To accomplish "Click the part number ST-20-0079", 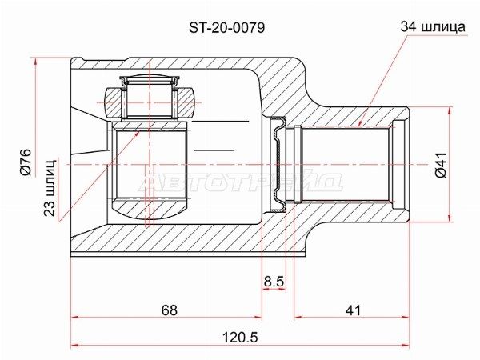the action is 227,28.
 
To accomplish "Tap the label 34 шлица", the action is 433,27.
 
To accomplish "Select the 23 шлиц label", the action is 50,187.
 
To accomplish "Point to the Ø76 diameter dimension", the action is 26,162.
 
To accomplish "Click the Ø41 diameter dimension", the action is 441,164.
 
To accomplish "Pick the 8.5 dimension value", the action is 274,281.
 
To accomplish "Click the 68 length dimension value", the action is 170,310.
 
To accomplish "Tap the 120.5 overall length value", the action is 240,338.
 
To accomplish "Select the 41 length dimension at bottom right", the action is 353,310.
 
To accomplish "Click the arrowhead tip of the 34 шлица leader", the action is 358,126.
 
